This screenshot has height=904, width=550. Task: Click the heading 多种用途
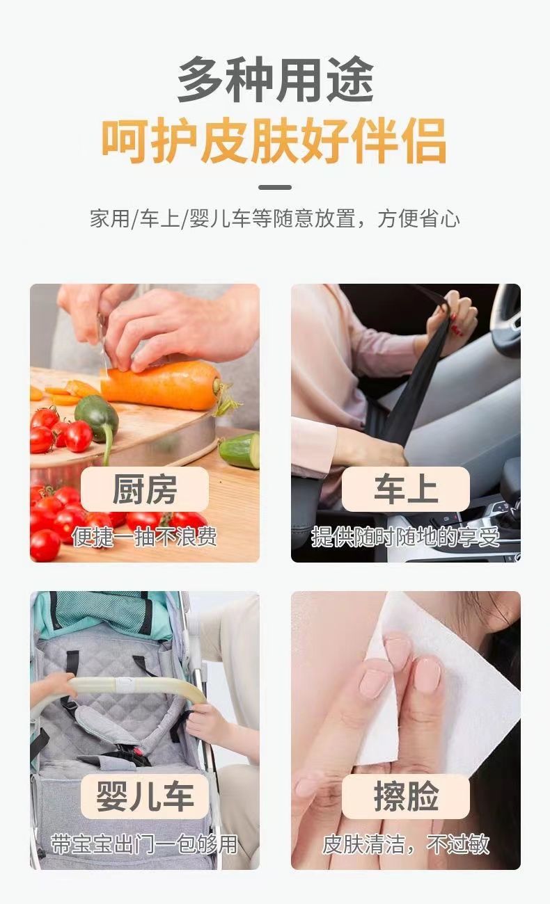(275, 79)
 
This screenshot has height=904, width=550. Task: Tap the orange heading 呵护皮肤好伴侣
(274, 140)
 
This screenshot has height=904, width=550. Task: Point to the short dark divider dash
(275, 187)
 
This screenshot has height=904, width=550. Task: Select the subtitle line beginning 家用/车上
(275, 218)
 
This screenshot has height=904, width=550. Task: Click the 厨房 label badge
(145, 489)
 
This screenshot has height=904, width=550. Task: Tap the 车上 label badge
(406, 489)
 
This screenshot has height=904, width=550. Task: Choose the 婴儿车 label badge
(145, 797)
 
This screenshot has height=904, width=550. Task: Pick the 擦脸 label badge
(406, 797)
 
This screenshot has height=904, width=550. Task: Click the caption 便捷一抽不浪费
(144, 537)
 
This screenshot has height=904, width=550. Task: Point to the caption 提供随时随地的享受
(406, 537)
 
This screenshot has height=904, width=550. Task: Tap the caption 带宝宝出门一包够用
(144, 844)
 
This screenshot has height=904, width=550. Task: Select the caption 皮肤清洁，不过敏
(406, 844)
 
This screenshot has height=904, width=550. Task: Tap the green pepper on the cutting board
(97, 418)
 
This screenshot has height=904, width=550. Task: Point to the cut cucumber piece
(240, 451)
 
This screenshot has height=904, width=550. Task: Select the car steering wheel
(506, 323)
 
